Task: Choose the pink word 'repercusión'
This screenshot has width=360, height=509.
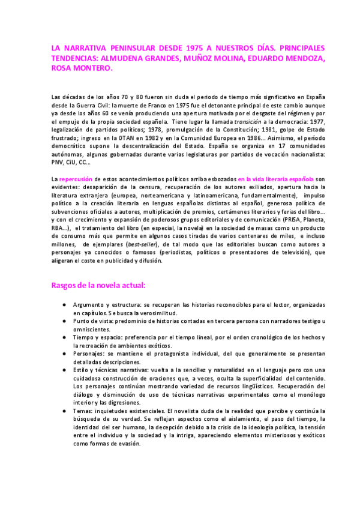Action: [x=77, y=179]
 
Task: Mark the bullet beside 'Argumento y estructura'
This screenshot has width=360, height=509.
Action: [x=64, y=305]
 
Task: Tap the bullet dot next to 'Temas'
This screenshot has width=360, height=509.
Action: [x=64, y=411]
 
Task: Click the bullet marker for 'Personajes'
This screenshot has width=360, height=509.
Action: [x=64, y=355]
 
